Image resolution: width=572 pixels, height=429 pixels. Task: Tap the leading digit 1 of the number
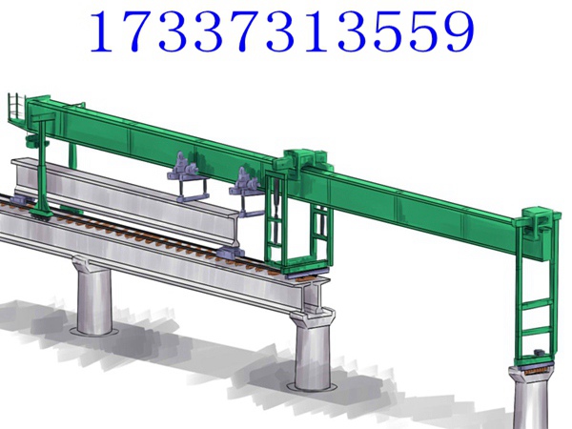click(103, 31)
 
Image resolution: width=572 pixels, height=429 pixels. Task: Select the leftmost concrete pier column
click(93, 296)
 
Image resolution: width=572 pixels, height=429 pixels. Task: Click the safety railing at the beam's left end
click(16, 107)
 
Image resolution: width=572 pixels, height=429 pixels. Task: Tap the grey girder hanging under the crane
click(124, 198)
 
